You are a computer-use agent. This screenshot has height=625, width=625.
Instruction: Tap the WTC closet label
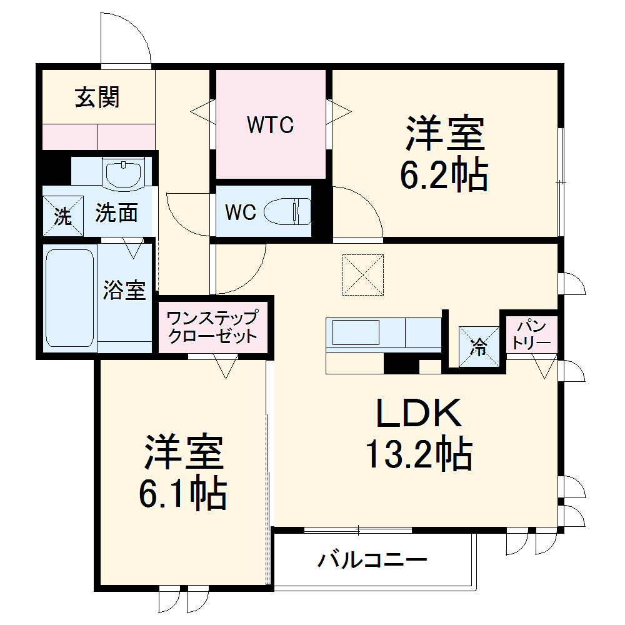pyautogui.click(x=270, y=125)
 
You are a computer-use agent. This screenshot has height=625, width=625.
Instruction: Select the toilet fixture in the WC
pyautogui.click(x=288, y=212)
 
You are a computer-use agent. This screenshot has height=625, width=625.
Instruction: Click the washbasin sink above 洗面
pyautogui.click(x=124, y=173)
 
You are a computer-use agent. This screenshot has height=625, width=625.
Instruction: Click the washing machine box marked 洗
pyautogui.click(x=62, y=216)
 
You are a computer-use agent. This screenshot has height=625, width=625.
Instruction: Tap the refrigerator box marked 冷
pyautogui.click(x=479, y=346)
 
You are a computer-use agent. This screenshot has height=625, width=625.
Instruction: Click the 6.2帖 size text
pyautogui.click(x=444, y=177)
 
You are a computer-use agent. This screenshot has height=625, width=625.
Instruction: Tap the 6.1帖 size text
pyautogui.click(x=182, y=494)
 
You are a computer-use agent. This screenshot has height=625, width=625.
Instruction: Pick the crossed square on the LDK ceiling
pyautogui.click(x=362, y=274)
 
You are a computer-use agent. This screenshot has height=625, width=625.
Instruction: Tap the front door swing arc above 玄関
pyautogui.click(x=128, y=37)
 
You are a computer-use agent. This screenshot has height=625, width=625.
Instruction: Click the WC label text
pyautogui.click(x=241, y=212)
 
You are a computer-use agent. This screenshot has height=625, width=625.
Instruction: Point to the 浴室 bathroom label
pyautogui.click(x=124, y=290)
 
